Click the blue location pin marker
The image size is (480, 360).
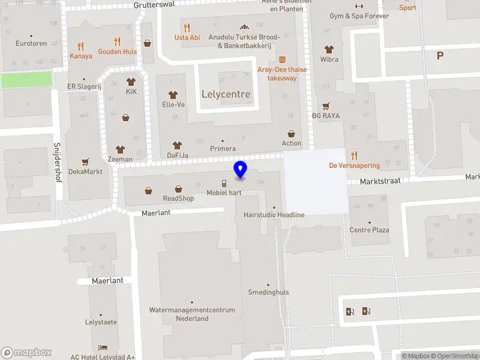pos(241,170)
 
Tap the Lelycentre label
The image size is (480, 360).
pos(226,95)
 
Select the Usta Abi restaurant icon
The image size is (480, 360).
pos(187,27)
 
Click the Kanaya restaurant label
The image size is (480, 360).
pos(81,56)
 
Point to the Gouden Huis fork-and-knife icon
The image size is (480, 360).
pos(117,42)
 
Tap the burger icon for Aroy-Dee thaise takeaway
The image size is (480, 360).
pos(282,59)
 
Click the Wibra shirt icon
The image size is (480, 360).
pos(329,49)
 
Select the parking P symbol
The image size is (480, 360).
pos(440,55)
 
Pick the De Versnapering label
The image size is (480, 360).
pos(355,166)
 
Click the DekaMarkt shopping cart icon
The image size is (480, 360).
pos(85,162)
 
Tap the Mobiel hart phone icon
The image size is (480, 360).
pos(224,183)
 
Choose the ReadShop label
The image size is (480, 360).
pos(178,198)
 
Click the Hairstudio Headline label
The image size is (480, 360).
pos(274,215)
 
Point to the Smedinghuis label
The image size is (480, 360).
pos(269,292)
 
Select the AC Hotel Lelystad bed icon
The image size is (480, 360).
pos(103,347)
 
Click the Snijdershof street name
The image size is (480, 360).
pos(58,163)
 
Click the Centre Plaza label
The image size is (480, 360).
pos(369,230)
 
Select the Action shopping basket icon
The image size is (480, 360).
pos(292,134)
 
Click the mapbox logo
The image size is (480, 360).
pos(26,353)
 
